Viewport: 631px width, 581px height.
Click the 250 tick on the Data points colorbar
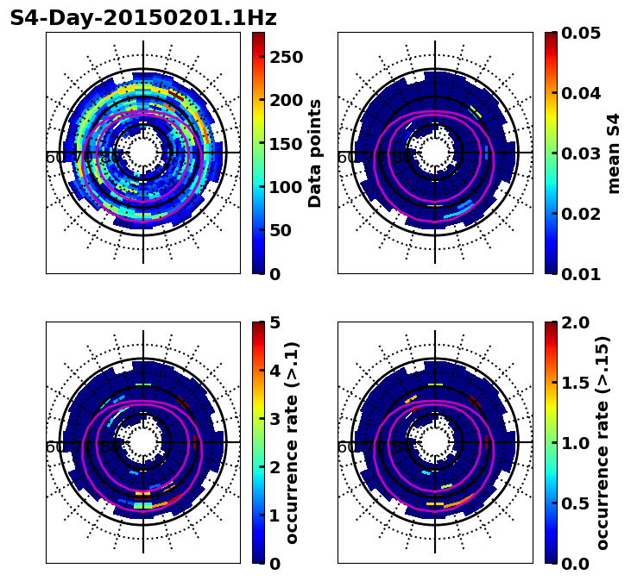click(283, 58)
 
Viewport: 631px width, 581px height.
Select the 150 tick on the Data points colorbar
click(283, 144)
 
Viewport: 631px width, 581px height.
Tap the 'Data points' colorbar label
click(315, 153)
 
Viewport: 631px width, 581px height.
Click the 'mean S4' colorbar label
click(614, 153)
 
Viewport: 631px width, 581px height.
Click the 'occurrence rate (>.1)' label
click(293, 443)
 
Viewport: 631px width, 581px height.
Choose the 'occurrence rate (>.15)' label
click(603, 443)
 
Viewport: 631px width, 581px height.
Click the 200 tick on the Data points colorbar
click(283, 100)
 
